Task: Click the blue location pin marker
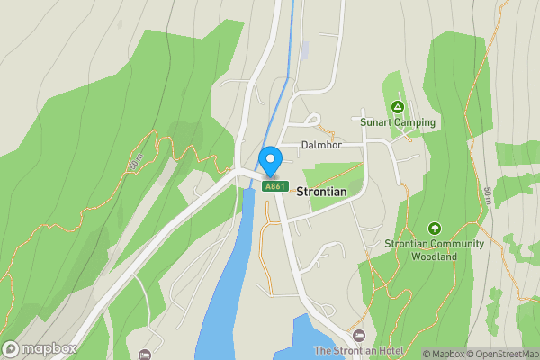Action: point(270,159)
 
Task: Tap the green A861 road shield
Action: point(274,186)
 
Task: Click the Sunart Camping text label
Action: point(398,122)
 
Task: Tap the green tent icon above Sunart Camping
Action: point(398,107)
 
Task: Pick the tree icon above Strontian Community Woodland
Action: point(435,229)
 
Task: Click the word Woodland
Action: point(435,256)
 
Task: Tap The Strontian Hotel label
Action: point(355,350)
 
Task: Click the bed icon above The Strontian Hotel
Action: point(358,336)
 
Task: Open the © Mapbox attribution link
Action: point(444,354)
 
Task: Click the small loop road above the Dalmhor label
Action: point(311,120)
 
